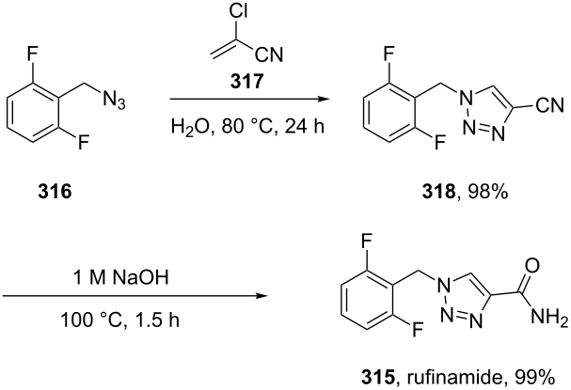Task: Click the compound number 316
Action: pyautogui.click(x=55, y=192)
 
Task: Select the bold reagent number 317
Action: pyautogui.click(x=246, y=81)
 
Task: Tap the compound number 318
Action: pyautogui.click(x=438, y=192)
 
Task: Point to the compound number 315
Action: pyautogui.click(x=378, y=378)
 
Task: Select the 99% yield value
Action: pyautogui.click(x=534, y=378)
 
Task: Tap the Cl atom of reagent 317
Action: pyautogui.click(x=239, y=11)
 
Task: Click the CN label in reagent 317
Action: pyautogui.click(x=269, y=55)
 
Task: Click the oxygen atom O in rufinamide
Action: pyautogui.click(x=532, y=266)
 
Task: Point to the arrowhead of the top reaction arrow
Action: pyautogui.click(x=324, y=99)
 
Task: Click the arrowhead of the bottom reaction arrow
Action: pyautogui.click(x=262, y=295)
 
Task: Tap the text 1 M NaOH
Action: pyautogui.click(x=121, y=278)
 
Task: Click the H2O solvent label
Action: pyautogui.click(x=192, y=128)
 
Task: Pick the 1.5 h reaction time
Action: pyautogui.click(x=158, y=320)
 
